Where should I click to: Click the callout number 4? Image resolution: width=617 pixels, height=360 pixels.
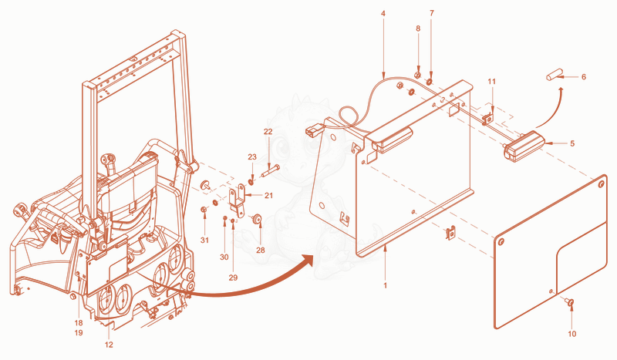coord(383,13)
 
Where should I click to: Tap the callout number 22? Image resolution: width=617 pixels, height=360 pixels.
coord(268,131)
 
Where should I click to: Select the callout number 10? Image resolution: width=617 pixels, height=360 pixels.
coord(571,334)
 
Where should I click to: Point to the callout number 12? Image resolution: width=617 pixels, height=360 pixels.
coord(109,345)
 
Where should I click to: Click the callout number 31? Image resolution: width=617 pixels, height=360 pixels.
coord(204,240)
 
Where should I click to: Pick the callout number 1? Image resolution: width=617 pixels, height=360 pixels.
coord(385,285)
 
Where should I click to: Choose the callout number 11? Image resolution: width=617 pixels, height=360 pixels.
coord(492,82)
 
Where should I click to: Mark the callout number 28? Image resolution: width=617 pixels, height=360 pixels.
coord(261,250)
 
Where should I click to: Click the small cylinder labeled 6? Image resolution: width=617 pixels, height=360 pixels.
coord(552,74)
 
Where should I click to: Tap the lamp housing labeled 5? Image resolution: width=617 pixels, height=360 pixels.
coord(524,146)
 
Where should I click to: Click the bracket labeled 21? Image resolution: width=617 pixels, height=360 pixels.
coord(238,200)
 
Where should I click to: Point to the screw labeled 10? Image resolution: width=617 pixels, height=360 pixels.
coord(569,301)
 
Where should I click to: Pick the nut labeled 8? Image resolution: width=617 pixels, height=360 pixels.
coord(418,75)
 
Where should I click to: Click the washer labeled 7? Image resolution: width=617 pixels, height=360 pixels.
coord(430,81)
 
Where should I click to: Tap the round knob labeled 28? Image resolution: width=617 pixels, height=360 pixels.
coord(258,218)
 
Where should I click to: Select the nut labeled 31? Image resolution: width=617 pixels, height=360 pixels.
coord(204,210)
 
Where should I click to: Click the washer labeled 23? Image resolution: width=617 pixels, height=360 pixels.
coord(251,182)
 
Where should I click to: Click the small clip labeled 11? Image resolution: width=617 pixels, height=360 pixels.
coord(487,119)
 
